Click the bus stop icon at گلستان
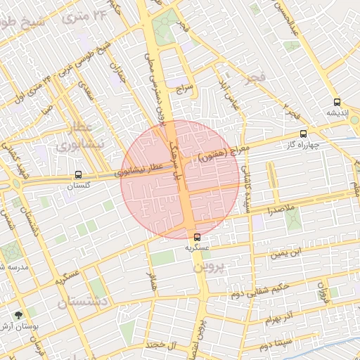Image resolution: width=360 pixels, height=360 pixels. click(x=77, y=174)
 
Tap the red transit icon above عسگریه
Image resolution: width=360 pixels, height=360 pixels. click(x=197, y=237)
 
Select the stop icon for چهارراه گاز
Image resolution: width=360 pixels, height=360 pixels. click(x=303, y=134)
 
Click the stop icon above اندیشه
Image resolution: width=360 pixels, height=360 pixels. click(x=337, y=101)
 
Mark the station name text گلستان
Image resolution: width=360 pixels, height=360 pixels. click(x=79, y=186)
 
